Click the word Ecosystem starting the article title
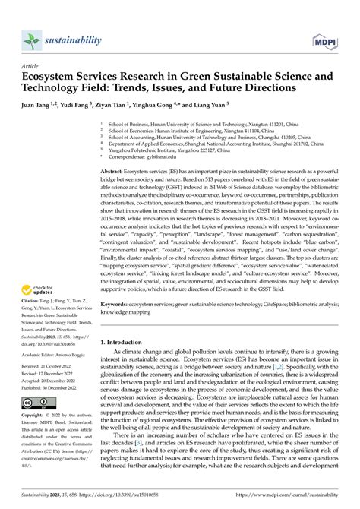pos(52,77)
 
